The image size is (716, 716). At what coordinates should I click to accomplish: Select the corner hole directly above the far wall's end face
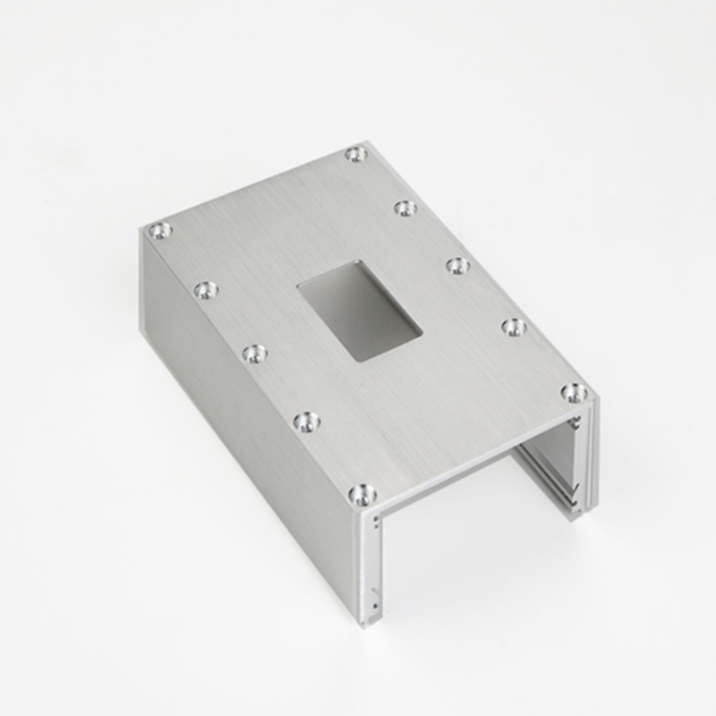pyautogui.click(x=574, y=392)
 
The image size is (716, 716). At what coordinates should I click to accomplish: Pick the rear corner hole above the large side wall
pyautogui.click(x=160, y=231)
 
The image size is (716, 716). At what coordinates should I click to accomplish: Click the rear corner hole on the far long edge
pyautogui.click(x=356, y=154)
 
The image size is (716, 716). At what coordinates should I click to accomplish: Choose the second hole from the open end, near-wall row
pyautogui.click(x=307, y=420)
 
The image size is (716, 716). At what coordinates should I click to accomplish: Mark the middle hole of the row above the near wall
pyautogui.click(x=255, y=354)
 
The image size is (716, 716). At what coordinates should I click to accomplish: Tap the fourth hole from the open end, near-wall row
pyautogui.click(x=206, y=290)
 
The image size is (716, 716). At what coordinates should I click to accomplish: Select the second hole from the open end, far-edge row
pyautogui.click(x=514, y=327)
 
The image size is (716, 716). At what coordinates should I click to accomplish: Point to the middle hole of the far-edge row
pyautogui.click(x=458, y=266)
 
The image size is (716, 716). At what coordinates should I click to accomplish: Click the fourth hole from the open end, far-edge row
pyautogui.click(x=405, y=209)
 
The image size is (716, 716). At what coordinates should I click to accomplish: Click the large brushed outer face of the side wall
pyautogui.click(x=242, y=430)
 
